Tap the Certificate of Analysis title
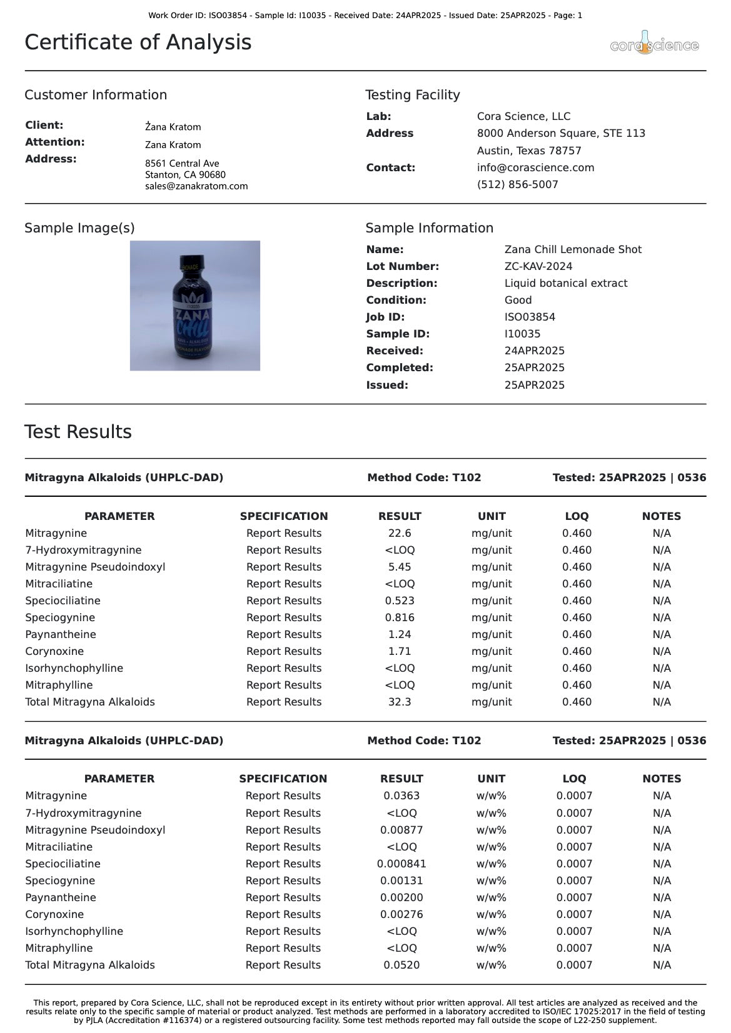pos(138,42)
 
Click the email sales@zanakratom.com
pos(196,186)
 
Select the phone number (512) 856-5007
pos(517,184)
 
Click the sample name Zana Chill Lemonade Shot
pos(573,249)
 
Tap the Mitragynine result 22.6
pos(400,533)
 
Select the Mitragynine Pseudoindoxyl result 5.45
pos(400,567)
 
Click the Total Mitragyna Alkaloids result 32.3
pos(400,702)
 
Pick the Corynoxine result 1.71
pos(400,651)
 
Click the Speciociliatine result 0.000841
pos(401,864)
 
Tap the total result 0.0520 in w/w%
pos(401,965)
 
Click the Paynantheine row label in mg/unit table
pos(61,634)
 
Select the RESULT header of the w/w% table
pos(401,779)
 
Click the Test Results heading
pos(78,432)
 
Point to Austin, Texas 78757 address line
pos(529,151)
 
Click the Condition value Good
pos(518,300)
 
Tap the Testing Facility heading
pos(413,95)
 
